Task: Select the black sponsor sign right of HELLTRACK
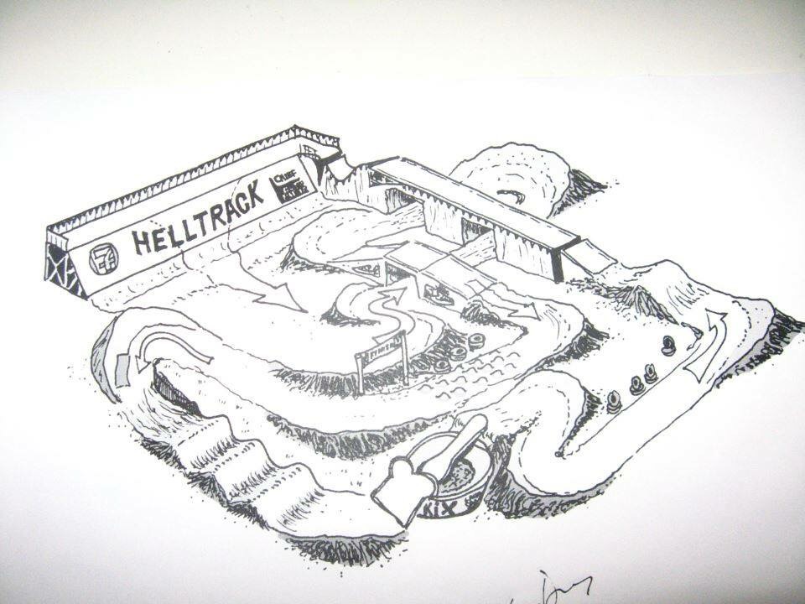pos(283,186)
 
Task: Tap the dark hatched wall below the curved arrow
pos(172,394)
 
